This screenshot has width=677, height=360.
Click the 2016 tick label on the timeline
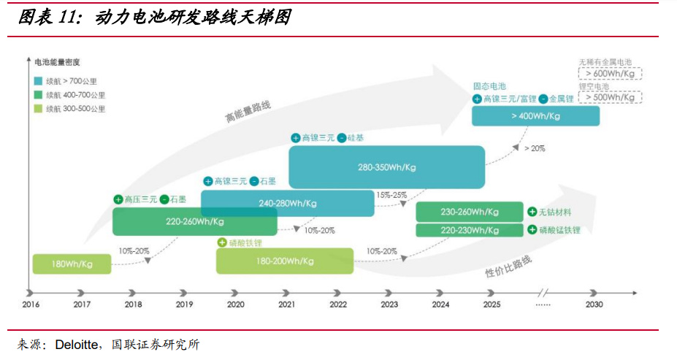[31, 304]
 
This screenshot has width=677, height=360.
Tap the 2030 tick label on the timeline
[594, 304]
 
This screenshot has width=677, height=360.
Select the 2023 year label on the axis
[389, 304]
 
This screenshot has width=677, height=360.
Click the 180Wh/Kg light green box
[72, 264]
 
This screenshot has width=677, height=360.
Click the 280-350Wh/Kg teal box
[386, 167]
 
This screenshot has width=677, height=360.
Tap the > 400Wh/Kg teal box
[535, 116]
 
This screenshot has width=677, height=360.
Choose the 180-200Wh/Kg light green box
[284, 261]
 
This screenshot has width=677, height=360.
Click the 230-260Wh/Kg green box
[470, 212]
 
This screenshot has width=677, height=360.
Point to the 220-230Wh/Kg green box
[470, 230]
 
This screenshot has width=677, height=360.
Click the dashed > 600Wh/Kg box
[610, 73]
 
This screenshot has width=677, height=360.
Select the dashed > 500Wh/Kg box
[610, 97]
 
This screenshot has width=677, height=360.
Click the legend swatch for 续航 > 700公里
[38, 81]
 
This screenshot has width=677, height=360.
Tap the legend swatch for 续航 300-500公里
[38, 109]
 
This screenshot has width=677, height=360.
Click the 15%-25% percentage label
[391, 195]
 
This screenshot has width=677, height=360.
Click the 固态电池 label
[489, 85]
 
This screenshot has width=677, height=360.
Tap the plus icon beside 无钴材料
[532, 212]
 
